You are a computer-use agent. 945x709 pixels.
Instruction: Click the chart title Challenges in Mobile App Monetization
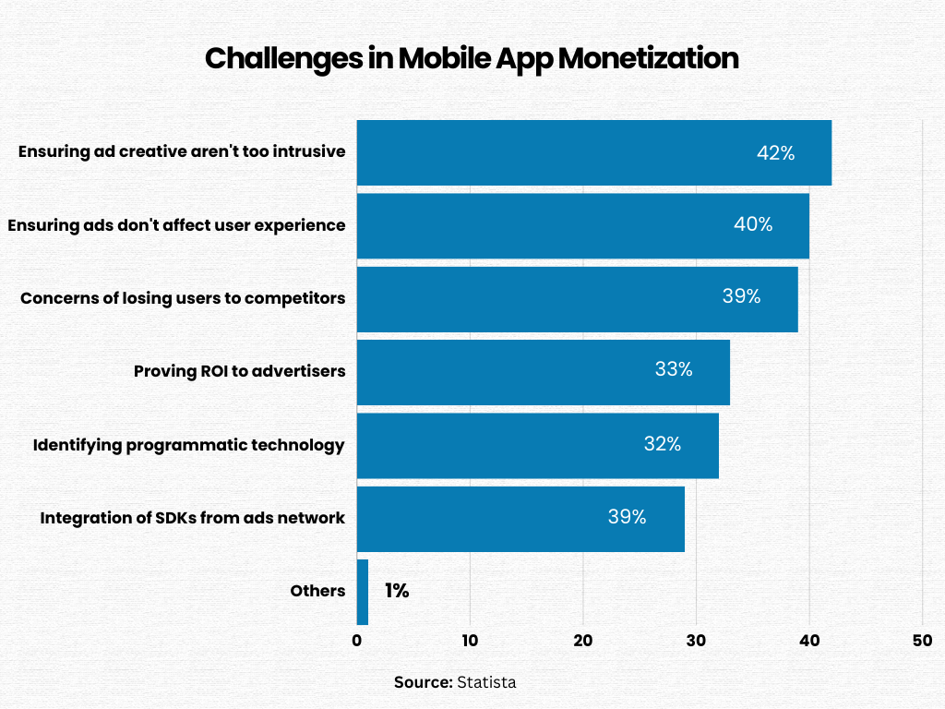pyautogui.click(x=472, y=58)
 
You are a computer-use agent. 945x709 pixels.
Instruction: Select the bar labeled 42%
pyautogui.click(x=554, y=152)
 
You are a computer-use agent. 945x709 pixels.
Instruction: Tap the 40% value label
pyautogui.click(x=753, y=224)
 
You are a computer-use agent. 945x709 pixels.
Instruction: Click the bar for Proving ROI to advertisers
pyautogui.click(x=517, y=372)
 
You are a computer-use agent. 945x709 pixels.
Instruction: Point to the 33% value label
pyautogui.click(x=674, y=370)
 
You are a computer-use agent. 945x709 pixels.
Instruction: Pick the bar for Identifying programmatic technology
pyautogui.click(x=508, y=445)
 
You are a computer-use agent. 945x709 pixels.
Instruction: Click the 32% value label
pyautogui.click(x=663, y=444)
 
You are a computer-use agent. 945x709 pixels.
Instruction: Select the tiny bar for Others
pyautogui.click(x=363, y=592)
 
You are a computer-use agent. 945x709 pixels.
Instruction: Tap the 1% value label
pyautogui.click(x=397, y=591)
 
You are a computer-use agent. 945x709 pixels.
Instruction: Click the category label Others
pyautogui.click(x=317, y=591)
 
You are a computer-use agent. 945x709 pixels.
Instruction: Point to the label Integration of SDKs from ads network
pyautogui.click(x=192, y=518)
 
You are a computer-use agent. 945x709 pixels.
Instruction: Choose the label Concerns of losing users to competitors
pyautogui.click(x=183, y=298)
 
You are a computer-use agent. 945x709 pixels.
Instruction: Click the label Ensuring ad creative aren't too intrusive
pyautogui.click(x=182, y=151)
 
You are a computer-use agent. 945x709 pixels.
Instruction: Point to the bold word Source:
pyautogui.click(x=423, y=682)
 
